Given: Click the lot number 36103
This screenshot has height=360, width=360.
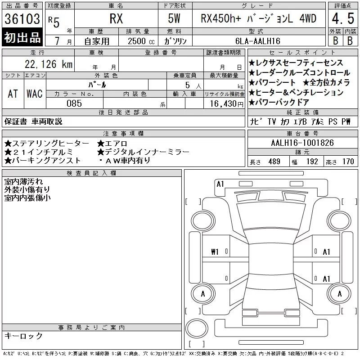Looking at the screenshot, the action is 22,19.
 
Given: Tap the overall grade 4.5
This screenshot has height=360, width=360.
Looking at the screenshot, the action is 343,18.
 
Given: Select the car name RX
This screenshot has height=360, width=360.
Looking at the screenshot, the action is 116,18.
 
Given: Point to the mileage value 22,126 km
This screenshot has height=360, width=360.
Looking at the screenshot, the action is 49,64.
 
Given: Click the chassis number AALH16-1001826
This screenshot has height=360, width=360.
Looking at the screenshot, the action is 302,143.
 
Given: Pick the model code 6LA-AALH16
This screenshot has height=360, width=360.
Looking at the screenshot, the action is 258,41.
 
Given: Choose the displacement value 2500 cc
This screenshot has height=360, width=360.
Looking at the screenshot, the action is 141,41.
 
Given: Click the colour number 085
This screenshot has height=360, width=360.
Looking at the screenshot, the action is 74,103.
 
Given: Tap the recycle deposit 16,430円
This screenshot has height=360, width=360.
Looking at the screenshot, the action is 227,103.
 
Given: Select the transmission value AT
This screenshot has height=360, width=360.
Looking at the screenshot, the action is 13,94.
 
